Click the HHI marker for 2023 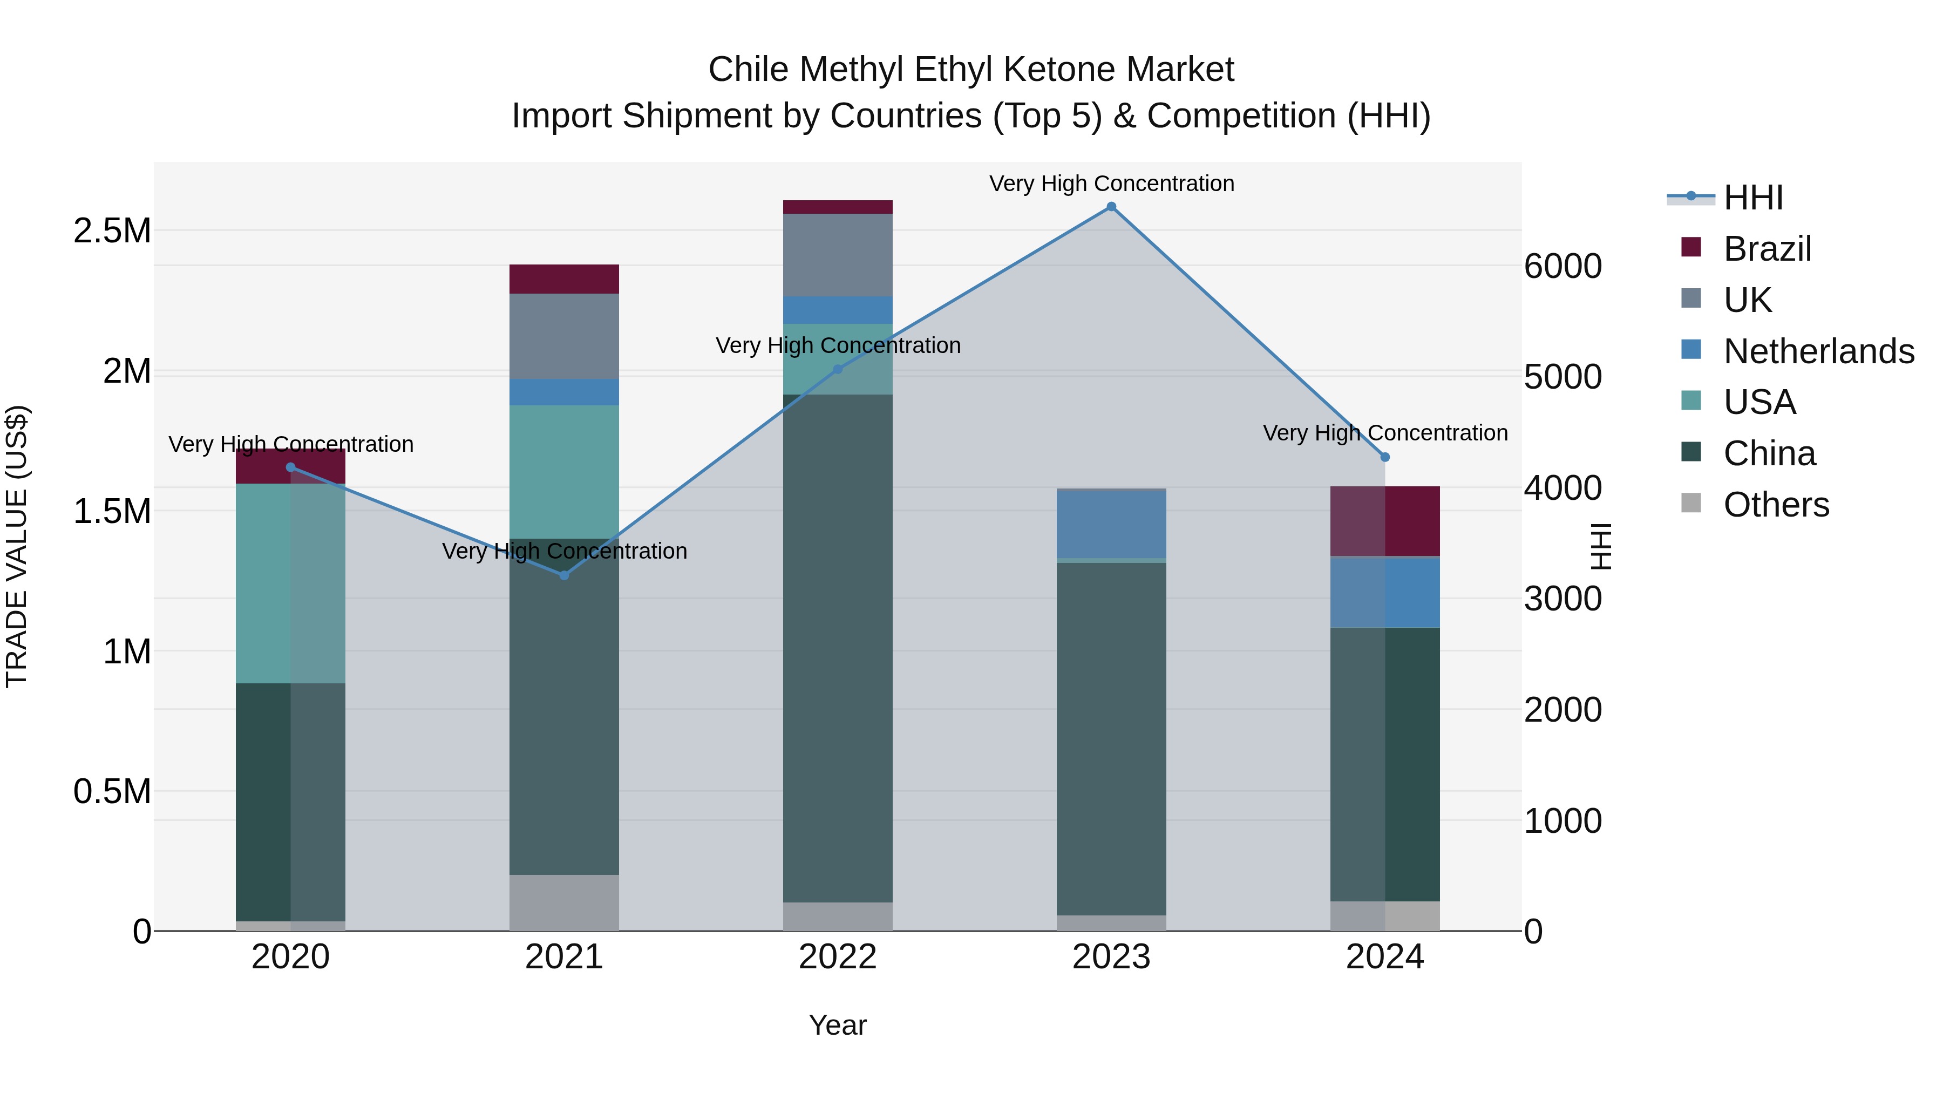[1111, 207]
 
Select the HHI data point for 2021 [563, 575]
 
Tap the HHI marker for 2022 [837, 369]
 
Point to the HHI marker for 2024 [1385, 457]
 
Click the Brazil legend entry [1767, 249]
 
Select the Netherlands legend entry [1818, 351]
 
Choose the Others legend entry [1776, 505]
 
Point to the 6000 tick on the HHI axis [1562, 266]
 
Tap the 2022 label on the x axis [837, 957]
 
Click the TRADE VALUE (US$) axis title [17, 546]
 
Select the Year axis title [837, 1025]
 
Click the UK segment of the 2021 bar [564, 336]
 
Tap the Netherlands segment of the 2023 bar [1111, 524]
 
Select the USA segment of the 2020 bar [290, 583]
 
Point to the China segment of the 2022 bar [837, 649]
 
